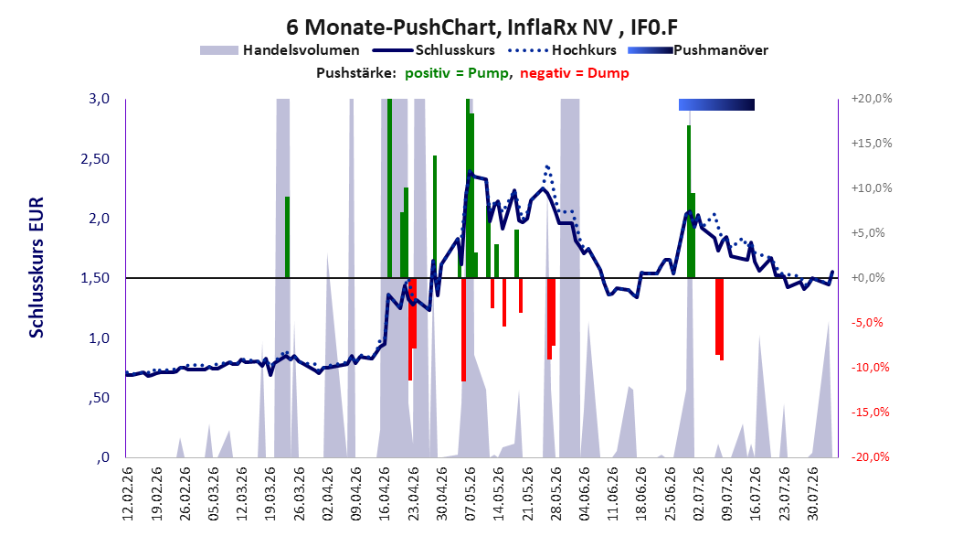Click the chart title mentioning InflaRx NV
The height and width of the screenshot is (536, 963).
[x=482, y=27]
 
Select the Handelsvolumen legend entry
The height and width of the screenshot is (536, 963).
[x=280, y=50]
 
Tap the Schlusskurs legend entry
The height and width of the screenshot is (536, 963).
[x=434, y=50]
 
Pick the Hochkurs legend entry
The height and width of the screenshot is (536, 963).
[x=562, y=50]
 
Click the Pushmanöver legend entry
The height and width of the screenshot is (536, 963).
[x=698, y=50]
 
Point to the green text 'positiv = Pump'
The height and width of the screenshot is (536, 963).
[x=457, y=73]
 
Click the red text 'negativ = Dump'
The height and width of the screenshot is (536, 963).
[x=575, y=73]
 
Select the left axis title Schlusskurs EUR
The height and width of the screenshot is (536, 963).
[x=37, y=267]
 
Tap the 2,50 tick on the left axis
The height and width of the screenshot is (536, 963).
[x=95, y=158]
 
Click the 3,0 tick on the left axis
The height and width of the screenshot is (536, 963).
[x=99, y=99]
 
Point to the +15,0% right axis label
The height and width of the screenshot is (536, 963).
[x=871, y=144]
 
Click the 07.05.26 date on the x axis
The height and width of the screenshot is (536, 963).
[x=471, y=493]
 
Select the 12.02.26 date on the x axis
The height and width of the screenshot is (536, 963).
[x=128, y=493]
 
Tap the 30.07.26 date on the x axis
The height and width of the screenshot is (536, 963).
[x=813, y=493]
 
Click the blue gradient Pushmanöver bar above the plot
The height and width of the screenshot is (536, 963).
[x=716, y=104]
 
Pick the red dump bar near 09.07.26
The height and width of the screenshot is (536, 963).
[x=719, y=319]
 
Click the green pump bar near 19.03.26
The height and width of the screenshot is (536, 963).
[x=287, y=237]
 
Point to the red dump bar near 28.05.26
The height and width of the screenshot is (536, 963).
[x=551, y=318]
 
